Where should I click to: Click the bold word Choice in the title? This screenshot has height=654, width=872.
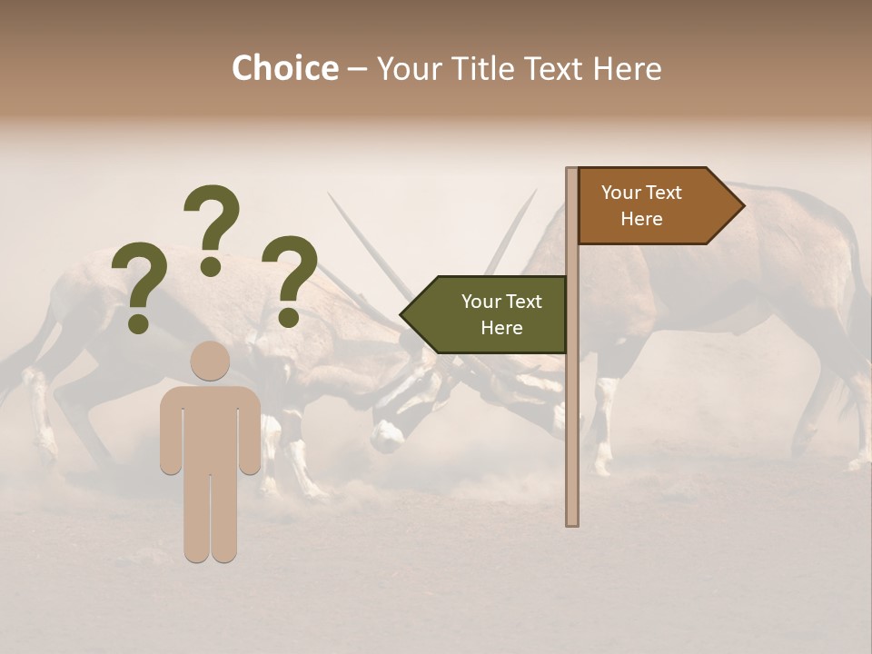pos(284,68)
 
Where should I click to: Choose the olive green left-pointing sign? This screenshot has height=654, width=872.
pos(490,314)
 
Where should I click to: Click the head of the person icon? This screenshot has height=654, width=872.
pos(210,361)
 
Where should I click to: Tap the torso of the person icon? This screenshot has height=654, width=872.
pos(210,427)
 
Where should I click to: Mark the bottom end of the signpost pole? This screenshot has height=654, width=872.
pos(571,521)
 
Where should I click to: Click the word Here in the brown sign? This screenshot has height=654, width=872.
pos(641,219)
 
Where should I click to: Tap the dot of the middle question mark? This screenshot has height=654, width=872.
pos(211,265)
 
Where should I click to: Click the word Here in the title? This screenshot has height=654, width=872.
pos(627,68)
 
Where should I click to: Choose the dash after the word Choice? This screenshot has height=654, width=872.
pos(357,68)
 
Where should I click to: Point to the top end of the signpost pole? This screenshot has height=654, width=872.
pos(571,172)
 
